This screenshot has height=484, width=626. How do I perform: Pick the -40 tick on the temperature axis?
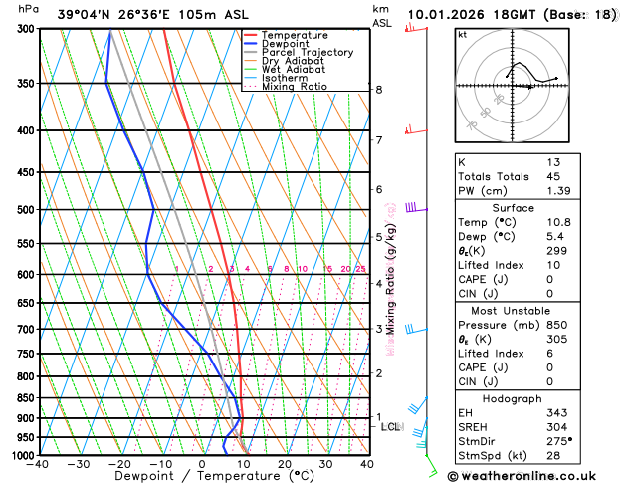(x=39, y=464)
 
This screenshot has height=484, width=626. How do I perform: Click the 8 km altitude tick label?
(x=379, y=90)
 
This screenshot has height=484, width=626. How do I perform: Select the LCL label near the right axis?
(x=390, y=427)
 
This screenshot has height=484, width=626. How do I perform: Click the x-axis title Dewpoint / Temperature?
(x=203, y=476)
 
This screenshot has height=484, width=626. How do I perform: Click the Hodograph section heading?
(x=512, y=398)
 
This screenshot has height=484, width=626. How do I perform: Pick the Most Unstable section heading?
(x=512, y=311)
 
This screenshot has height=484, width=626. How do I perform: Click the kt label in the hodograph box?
(x=462, y=34)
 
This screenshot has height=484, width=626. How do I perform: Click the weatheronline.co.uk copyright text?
(x=534, y=475)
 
